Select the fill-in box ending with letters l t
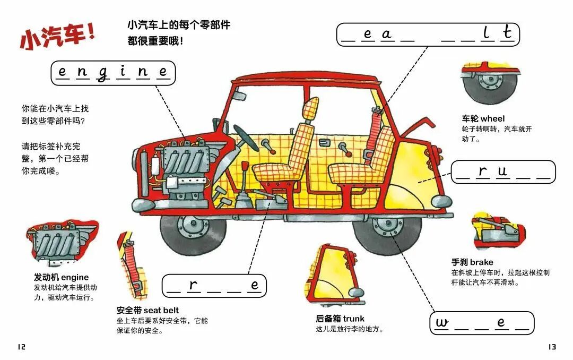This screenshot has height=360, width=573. (x=428, y=35)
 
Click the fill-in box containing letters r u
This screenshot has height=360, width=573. (x=503, y=172)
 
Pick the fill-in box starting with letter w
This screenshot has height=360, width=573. (x=481, y=323)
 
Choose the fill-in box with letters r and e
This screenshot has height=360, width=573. (x=214, y=286)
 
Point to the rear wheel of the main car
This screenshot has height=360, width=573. (x=383, y=232)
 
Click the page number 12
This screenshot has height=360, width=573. (x=21, y=347)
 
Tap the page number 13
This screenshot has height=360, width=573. (x=552, y=347)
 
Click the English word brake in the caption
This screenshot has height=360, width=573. (x=481, y=262)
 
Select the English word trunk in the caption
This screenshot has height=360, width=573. (x=353, y=319)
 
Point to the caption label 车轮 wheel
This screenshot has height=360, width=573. (x=483, y=118)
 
